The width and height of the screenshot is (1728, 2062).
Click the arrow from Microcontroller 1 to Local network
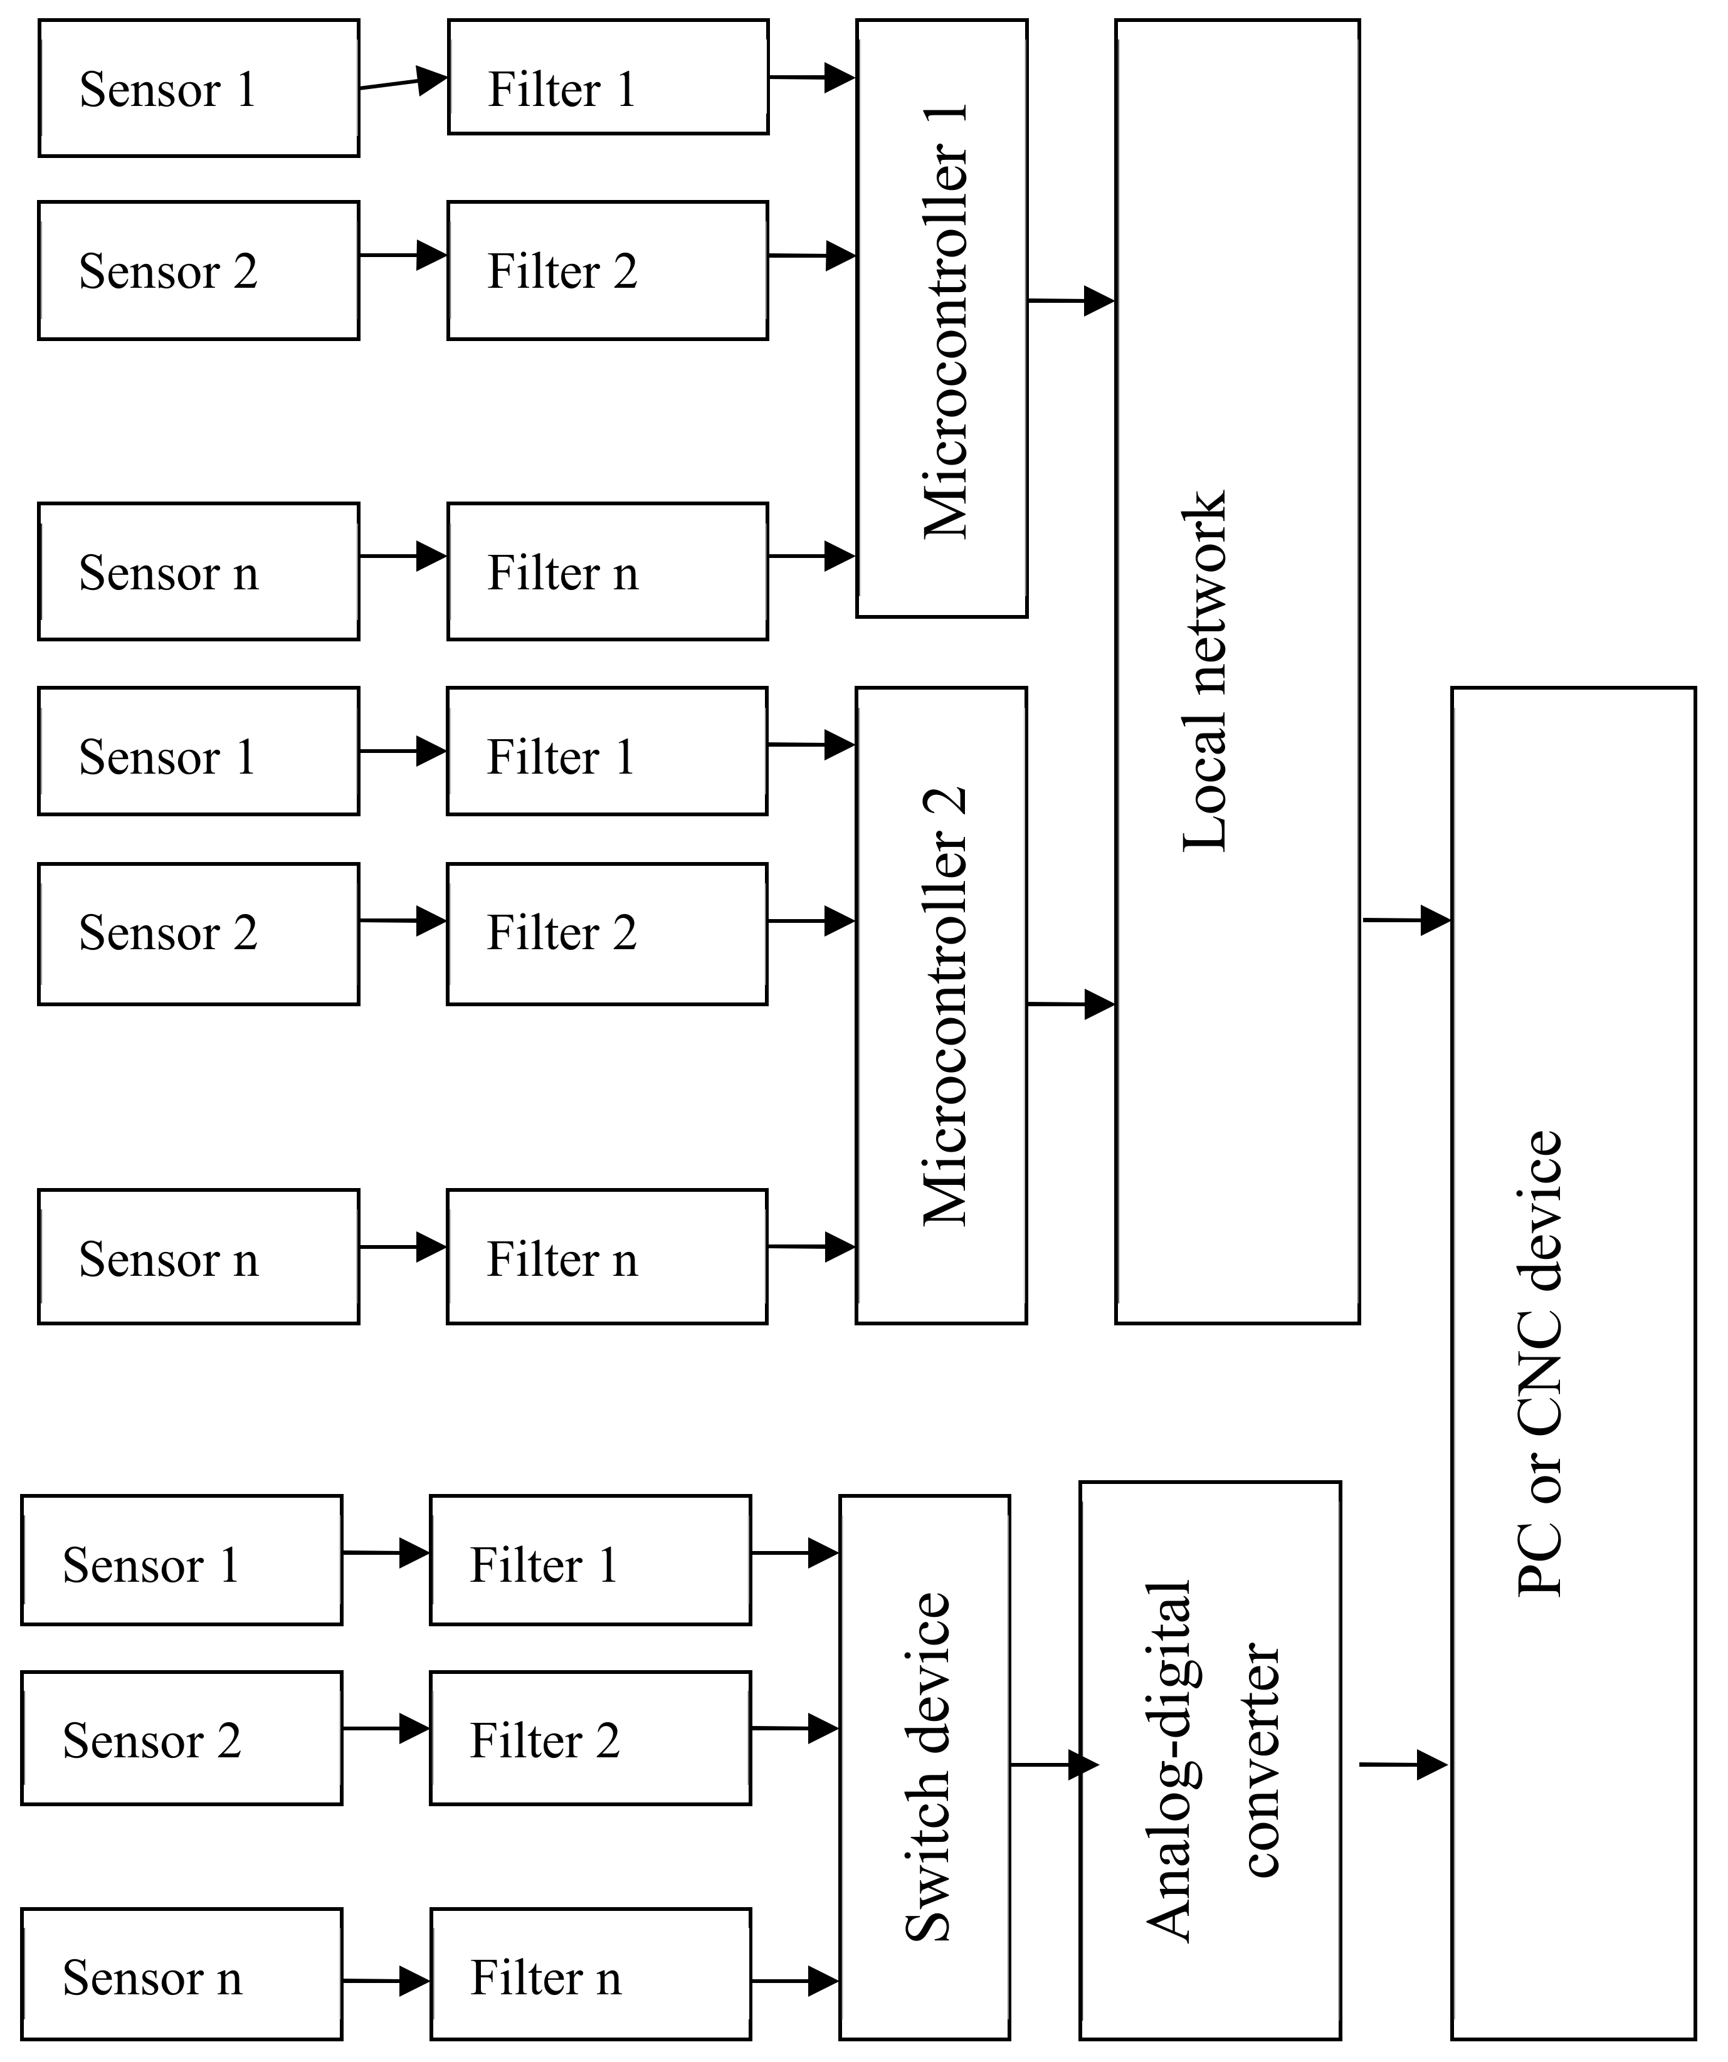pos(1070,300)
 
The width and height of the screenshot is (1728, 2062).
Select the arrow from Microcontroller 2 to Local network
pos(1070,1004)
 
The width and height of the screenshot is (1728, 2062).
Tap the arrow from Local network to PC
pos(1405,920)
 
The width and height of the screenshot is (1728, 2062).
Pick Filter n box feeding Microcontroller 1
pos(607,572)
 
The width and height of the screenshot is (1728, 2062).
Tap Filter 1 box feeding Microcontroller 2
pos(607,751)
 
